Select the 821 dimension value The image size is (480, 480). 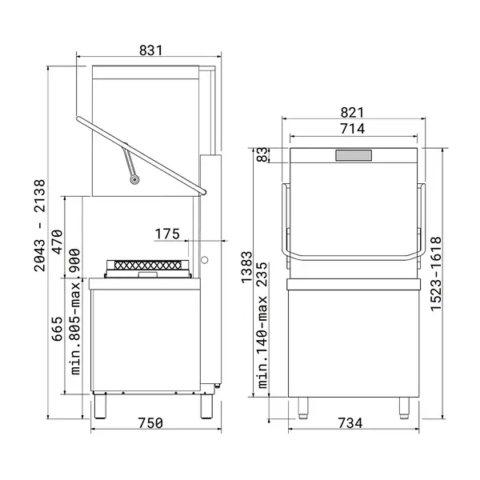pos(352,114)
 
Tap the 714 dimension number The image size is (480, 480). pos(352,129)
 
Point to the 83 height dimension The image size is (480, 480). pos(260,155)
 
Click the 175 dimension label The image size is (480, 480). pos(167,234)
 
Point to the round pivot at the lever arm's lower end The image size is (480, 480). pos(134,179)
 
